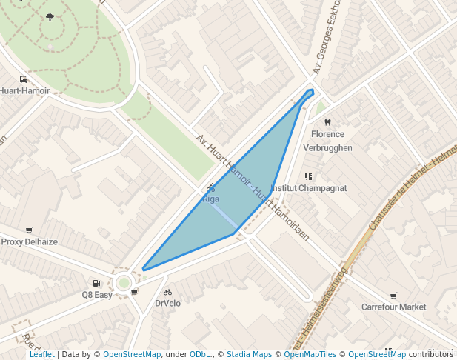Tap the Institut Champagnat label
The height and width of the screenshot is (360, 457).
310,188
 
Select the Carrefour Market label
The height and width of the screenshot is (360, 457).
393,307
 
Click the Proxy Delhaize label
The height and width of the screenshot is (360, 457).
29,241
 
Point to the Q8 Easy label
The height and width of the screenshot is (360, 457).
97,294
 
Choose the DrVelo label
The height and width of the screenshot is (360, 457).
167,303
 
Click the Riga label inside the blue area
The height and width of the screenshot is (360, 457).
211,199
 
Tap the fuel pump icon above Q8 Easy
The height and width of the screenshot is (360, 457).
96,283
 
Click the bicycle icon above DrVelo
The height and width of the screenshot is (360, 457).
167,292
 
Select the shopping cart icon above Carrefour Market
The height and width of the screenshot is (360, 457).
393,296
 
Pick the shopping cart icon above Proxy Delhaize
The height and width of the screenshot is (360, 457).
29,230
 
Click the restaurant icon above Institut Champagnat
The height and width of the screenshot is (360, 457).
308,176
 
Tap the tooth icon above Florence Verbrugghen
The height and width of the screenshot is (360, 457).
327,122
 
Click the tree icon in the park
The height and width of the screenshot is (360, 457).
50,16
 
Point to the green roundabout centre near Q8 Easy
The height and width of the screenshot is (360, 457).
124,282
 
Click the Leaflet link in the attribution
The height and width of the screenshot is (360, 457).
41,354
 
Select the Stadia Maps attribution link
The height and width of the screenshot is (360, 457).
249,354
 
